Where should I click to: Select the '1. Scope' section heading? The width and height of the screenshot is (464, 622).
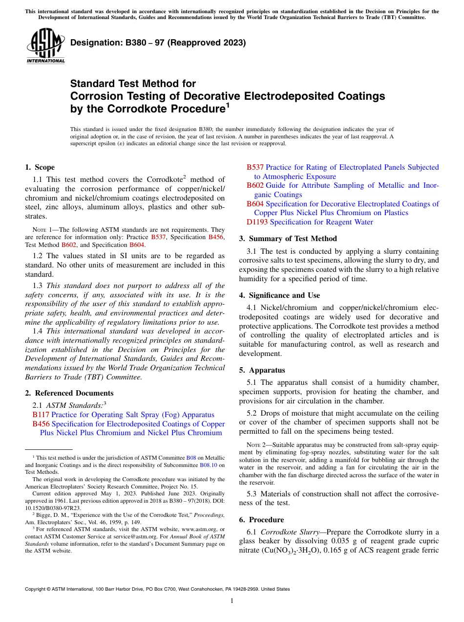point(40,167)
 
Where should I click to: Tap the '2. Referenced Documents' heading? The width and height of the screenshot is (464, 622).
point(69,393)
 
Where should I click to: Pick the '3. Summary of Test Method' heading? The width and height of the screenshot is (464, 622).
point(288,239)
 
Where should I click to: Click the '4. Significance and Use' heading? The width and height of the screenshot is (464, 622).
point(279,295)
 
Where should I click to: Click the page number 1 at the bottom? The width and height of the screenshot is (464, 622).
point(232,600)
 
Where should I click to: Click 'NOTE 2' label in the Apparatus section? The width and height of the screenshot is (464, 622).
point(256,445)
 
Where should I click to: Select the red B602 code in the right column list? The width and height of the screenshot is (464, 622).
point(255,185)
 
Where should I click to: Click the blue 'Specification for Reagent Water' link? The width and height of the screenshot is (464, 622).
point(321,222)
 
